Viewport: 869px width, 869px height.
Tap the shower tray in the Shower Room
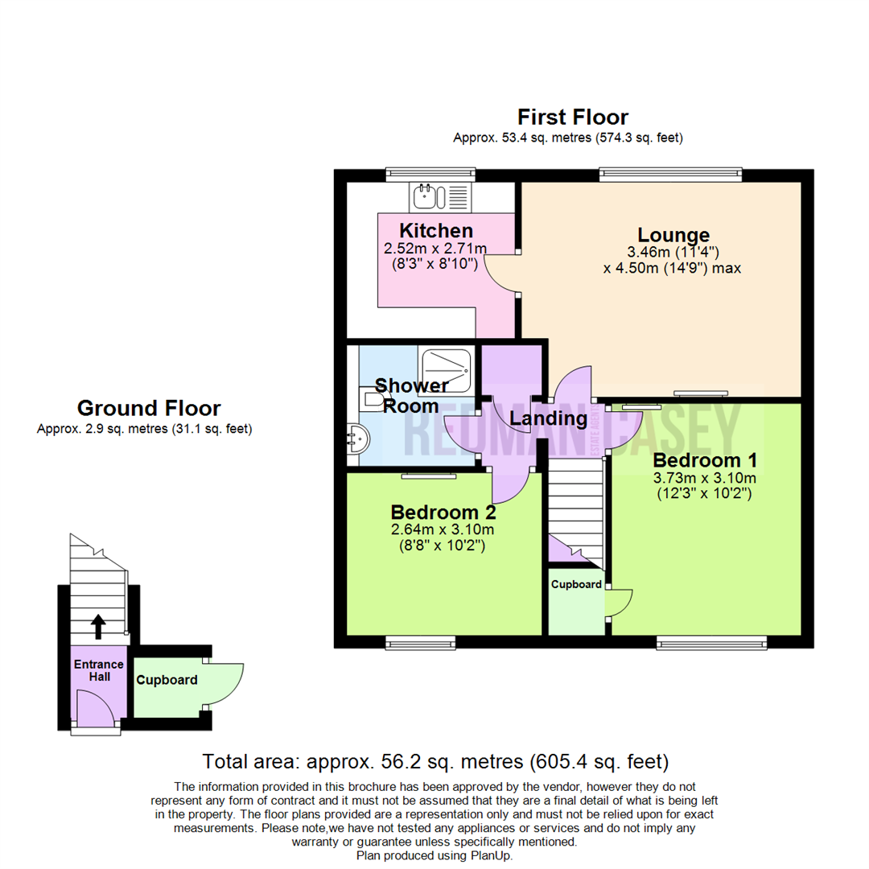click(443, 367)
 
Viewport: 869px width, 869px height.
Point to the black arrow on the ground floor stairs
click(98, 625)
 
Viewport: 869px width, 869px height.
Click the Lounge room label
click(673, 235)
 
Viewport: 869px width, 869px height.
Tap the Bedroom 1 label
click(705, 460)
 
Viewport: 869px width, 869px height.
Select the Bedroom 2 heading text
click(443, 512)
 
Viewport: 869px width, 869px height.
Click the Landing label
click(549, 418)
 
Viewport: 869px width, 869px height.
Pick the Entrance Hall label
click(99, 670)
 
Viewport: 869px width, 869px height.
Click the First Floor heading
click(572, 117)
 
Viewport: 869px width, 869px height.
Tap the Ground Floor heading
click(149, 408)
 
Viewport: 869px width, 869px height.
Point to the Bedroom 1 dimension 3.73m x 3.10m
click(705, 478)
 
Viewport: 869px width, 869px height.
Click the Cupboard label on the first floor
click(576, 584)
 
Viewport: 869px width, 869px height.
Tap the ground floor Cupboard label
click(167, 680)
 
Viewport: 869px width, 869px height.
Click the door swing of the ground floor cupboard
click(228, 684)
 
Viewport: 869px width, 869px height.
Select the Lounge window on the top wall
click(670, 172)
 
